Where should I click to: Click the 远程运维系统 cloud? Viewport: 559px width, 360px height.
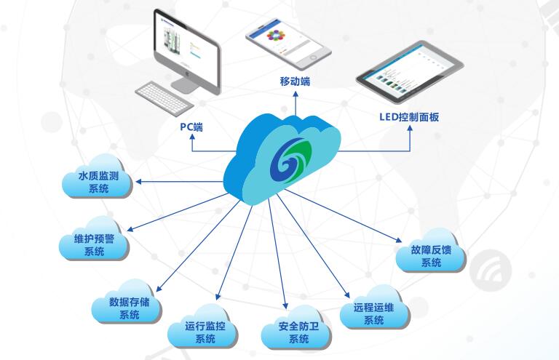373,313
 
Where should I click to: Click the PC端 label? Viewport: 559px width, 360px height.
191,127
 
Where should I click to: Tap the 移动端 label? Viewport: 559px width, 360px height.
295,81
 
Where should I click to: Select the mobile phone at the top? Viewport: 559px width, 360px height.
287,40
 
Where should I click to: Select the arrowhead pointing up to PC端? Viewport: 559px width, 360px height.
191,138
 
